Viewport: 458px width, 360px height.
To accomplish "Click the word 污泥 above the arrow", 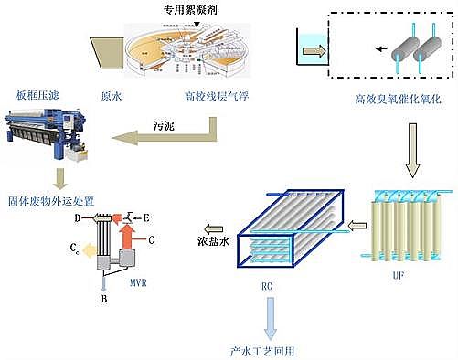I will click(x=164, y=121).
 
